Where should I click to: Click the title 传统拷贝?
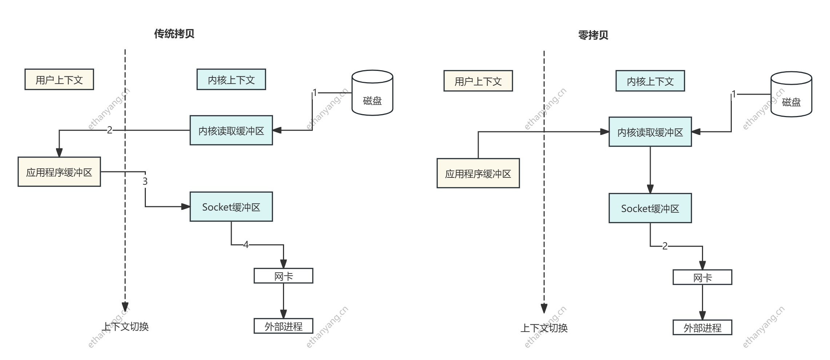(174, 34)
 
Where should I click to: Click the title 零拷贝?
(593, 35)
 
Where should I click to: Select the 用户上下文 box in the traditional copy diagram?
(59, 80)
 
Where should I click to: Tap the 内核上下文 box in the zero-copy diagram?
(650, 81)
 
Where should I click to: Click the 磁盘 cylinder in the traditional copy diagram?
(372, 93)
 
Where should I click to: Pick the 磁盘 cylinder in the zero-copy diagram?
(791, 95)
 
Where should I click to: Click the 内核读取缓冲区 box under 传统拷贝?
(231, 131)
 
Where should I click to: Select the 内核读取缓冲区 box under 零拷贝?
(650, 132)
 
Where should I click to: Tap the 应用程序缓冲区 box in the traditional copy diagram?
(59, 172)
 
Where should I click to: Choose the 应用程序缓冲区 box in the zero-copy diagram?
(478, 173)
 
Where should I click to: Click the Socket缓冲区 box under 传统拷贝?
(231, 207)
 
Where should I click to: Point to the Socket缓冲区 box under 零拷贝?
(650, 208)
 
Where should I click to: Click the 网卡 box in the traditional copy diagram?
(283, 276)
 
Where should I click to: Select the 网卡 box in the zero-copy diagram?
(702, 277)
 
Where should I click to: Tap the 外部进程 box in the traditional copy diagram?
(283, 326)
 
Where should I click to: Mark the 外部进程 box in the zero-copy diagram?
(702, 328)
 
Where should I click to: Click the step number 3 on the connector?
(145, 181)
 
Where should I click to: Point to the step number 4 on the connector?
(246, 245)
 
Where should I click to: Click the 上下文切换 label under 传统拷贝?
(125, 327)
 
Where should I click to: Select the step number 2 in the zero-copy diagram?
(665, 246)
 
